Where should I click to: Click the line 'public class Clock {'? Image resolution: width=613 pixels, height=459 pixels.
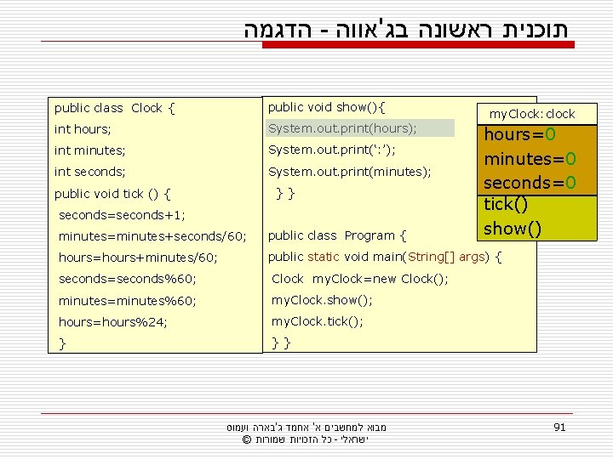click(x=115, y=108)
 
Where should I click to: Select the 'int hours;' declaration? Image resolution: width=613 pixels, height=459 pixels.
click(x=83, y=129)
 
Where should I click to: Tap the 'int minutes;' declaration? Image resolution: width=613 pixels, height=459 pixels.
click(x=89, y=150)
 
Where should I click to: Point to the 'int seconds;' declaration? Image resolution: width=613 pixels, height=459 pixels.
click(x=90, y=172)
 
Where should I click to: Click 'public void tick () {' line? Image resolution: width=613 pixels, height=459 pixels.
click(x=113, y=193)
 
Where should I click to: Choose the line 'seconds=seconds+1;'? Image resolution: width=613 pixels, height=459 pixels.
click(x=122, y=215)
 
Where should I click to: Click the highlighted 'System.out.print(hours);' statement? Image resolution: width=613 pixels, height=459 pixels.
click(x=342, y=128)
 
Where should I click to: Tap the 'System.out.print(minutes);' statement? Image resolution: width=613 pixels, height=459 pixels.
click(x=349, y=172)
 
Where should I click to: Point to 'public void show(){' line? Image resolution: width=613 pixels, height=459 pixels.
click(x=326, y=107)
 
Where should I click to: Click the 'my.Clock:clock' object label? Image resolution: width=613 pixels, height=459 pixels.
click(x=531, y=113)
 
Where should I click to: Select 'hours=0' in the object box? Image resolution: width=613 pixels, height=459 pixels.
click(x=520, y=135)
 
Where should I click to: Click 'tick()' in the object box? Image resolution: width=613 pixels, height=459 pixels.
click(x=506, y=205)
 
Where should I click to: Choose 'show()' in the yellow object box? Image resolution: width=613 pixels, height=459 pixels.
click(x=511, y=229)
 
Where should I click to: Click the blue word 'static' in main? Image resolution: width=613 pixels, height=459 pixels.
click(x=323, y=257)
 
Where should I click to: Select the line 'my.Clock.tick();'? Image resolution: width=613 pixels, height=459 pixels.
click(x=318, y=321)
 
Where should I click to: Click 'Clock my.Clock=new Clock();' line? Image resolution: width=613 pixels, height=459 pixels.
click(x=359, y=279)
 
